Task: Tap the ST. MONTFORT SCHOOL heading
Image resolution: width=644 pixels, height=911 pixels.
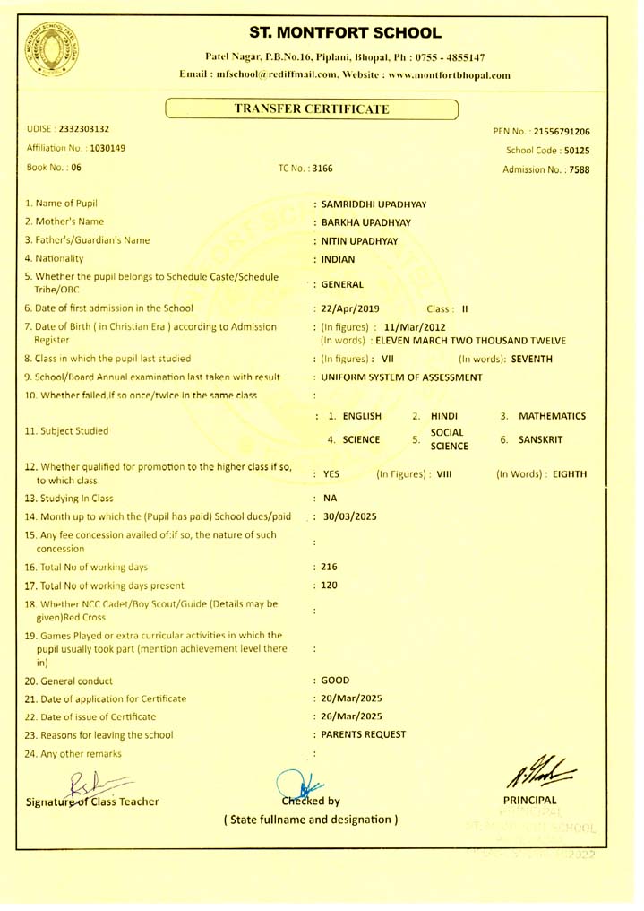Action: tap(345, 34)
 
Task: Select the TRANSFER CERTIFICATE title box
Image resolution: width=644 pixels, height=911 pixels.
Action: tap(312, 109)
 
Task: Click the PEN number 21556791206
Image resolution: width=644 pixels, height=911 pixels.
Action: tap(560, 132)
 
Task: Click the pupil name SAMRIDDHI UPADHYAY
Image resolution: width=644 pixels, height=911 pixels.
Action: tap(373, 204)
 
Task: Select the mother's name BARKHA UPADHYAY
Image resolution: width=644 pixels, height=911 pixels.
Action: tap(365, 222)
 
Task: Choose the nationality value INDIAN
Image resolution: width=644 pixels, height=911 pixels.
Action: tap(339, 260)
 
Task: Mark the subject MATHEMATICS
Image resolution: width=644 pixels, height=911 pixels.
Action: tap(555, 416)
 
